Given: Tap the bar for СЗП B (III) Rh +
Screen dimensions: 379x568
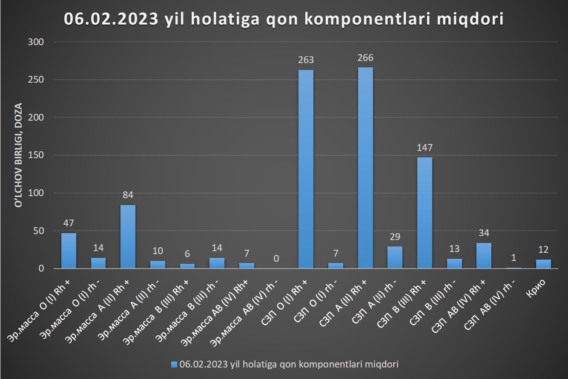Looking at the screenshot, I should (425, 213).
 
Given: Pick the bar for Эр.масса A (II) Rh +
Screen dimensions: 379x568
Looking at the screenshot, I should (128, 237).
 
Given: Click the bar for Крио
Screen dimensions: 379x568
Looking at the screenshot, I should (543, 264).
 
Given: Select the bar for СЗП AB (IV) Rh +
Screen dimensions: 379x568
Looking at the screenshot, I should (484, 256).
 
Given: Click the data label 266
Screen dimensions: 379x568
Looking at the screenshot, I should (365, 58).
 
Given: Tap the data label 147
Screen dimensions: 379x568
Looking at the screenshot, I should (425, 148).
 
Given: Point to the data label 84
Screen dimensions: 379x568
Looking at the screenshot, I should (128, 196).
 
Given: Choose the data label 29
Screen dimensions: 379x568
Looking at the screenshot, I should (395, 237).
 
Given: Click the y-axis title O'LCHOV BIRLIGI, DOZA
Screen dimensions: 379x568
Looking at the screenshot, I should (18, 155).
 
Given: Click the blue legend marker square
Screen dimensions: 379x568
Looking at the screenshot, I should (173, 364).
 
